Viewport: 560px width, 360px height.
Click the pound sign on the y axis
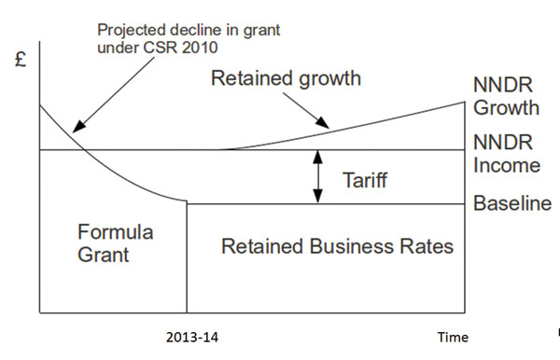(x=21, y=60)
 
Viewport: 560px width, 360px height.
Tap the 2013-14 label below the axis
(x=192, y=338)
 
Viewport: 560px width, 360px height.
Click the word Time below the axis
(x=453, y=338)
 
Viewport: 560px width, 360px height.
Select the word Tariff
(x=365, y=179)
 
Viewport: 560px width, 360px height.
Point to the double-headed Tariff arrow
(x=317, y=177)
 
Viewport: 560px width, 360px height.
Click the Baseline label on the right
(x=512, y=203)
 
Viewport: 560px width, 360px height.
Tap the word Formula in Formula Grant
(x=116, y=232)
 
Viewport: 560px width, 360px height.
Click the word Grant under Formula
(x=104, y=255)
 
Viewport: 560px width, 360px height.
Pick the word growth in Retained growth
(x=329, y=79)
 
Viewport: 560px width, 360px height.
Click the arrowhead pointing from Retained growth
(x=323, y=122)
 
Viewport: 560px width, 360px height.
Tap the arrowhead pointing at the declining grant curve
(x=78, y=126)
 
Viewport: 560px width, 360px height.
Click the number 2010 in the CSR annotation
(x=200, y=48)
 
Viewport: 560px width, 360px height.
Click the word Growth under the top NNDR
(x=506, y=108)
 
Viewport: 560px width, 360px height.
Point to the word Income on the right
(x=507, y=165)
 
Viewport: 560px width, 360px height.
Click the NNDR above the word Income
(x=503, y=143)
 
